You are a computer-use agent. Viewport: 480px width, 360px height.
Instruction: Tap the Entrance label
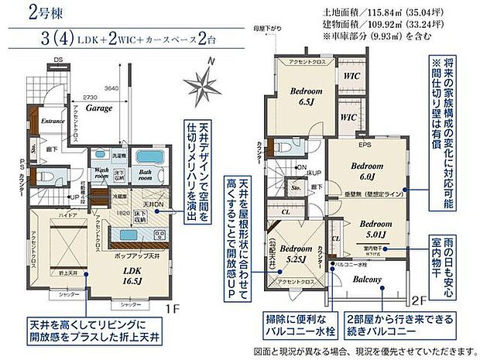(52, 122)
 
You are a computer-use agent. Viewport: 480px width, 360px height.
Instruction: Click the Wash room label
(102, 173)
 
